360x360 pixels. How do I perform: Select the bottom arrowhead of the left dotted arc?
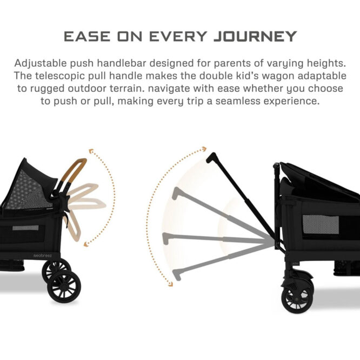[86, 244]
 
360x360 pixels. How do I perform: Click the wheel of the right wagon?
[297, 298]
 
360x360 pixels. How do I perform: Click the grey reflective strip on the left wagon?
[26, 228]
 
